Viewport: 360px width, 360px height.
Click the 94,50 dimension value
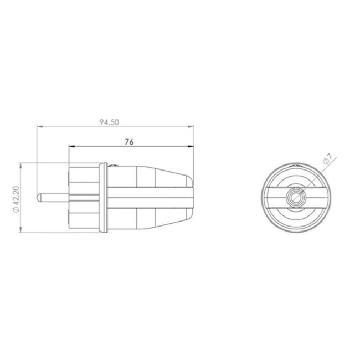tap(110, 123)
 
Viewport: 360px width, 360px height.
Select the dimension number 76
tap(129, 142)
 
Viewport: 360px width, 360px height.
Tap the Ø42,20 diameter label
tap(17, 198)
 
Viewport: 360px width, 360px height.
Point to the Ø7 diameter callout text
tap(327, 160)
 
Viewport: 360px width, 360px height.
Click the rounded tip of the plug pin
tap(38, 197)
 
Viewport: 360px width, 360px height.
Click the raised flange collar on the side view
tap(102, 197)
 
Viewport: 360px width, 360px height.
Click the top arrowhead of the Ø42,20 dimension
tap(21, 164)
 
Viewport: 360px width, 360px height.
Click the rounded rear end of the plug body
tap(194, 197)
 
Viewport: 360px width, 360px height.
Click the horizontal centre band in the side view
tap(150, 197)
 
